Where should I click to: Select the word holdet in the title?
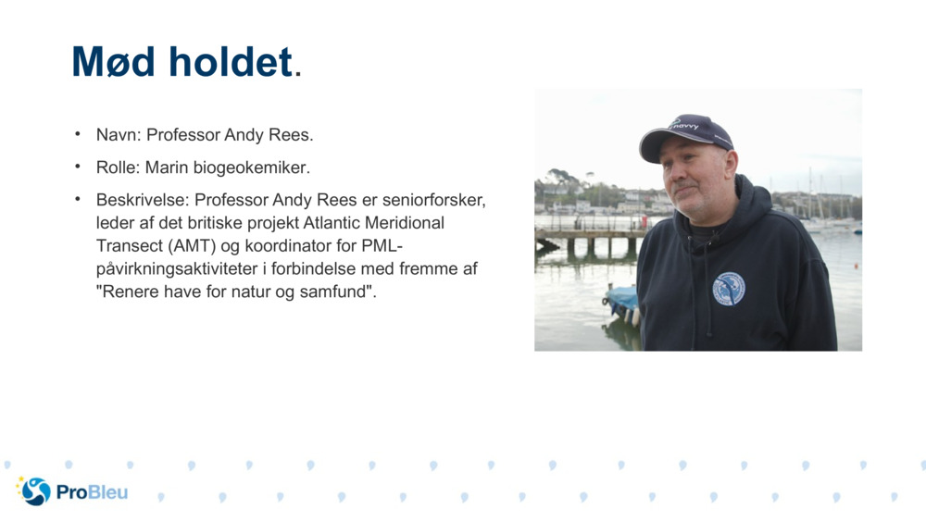(230, 62)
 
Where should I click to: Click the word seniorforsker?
(434, 200)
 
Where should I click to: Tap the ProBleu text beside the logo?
(92, 492)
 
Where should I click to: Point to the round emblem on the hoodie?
(728, 289)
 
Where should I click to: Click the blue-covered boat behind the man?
(621, 299)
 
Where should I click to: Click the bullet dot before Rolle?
(79, 167)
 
